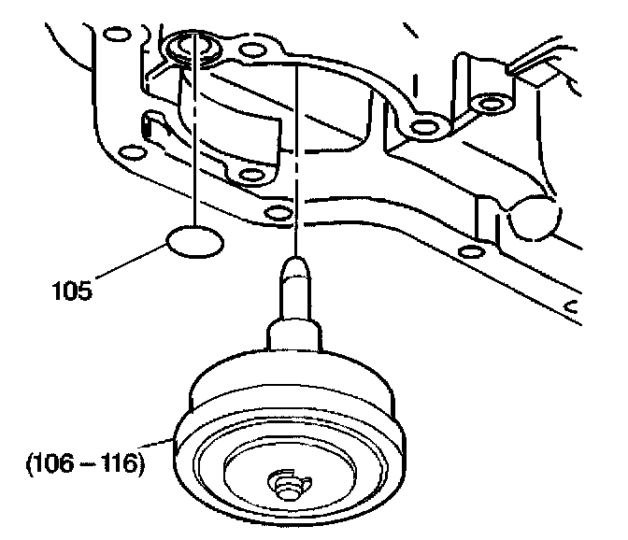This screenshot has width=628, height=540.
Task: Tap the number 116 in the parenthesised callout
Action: click(x=122, y=462)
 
